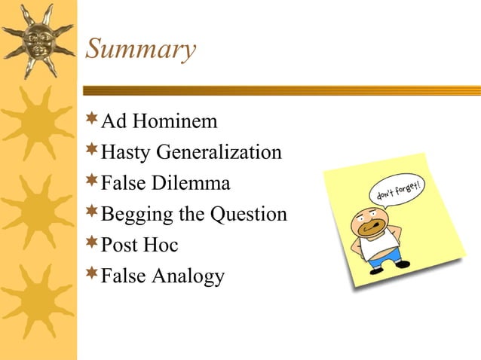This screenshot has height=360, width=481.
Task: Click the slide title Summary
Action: coord(140,50)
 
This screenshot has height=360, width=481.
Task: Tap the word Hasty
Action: coord(126,153)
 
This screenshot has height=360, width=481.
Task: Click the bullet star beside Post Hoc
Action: coord(92,243)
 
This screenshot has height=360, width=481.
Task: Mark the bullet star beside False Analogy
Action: coord(92,273)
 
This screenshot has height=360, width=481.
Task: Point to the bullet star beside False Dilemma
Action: coord(92,181)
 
